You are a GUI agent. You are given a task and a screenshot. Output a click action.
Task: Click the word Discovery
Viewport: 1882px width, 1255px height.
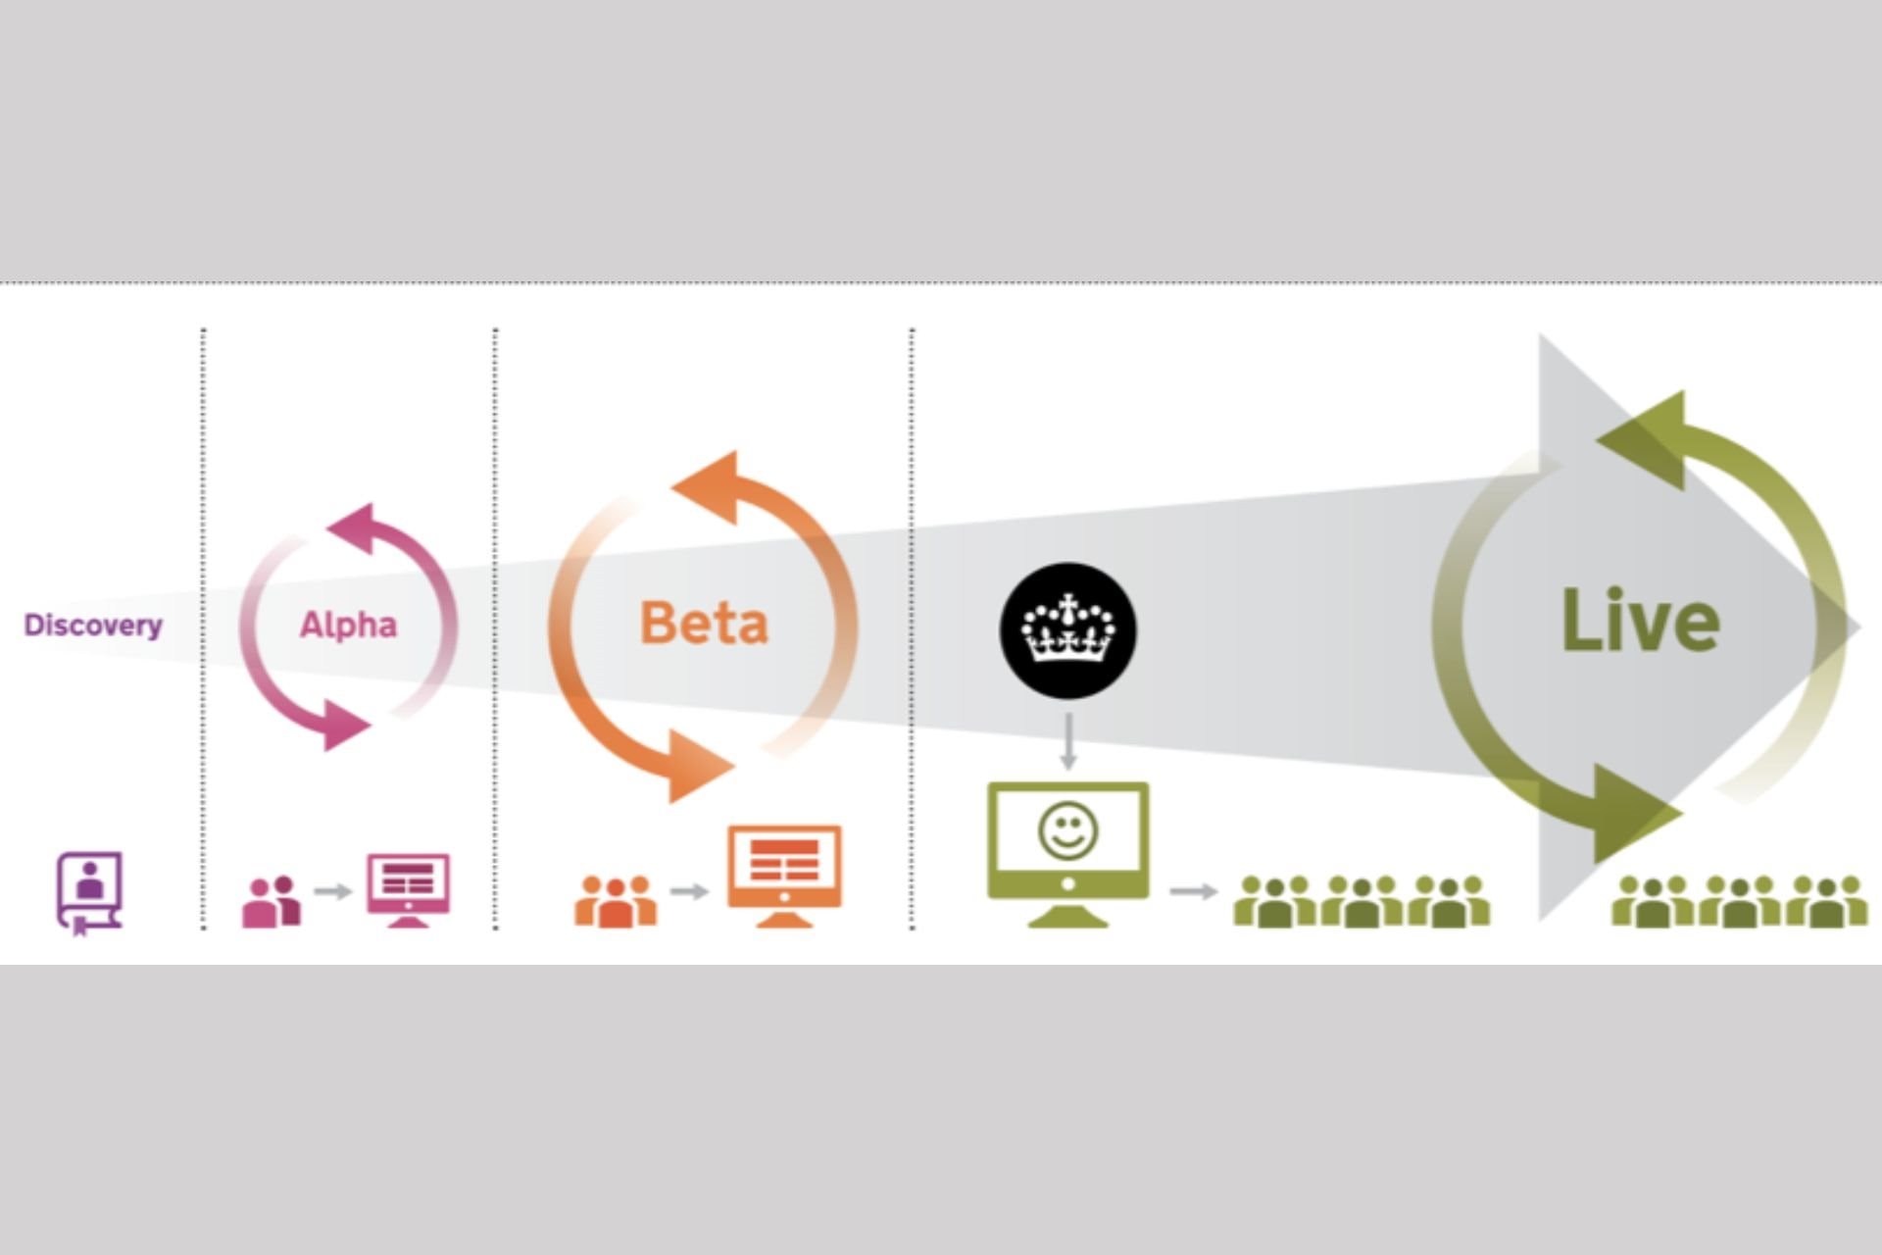(93, 626)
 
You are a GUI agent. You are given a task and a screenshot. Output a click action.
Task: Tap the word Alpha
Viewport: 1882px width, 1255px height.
(348, 625)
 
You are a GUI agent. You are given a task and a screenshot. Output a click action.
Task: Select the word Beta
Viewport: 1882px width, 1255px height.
(704, 624)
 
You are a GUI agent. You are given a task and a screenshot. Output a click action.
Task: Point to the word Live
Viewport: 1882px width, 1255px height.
(1640, 621)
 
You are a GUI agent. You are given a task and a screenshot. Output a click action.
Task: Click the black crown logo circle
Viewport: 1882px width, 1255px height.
(1067, 630)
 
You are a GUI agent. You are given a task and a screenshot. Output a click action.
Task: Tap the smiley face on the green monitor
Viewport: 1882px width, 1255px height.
(1067, 831)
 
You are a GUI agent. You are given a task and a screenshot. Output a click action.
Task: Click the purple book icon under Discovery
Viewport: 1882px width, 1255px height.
(89, 891)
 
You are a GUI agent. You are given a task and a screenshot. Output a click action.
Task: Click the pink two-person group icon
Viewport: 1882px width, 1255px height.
(272, 901)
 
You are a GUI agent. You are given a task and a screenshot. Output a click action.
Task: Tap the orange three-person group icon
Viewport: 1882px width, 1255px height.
(616, 901)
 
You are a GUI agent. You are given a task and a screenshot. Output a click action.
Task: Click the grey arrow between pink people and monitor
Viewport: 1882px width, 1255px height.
(333, 891)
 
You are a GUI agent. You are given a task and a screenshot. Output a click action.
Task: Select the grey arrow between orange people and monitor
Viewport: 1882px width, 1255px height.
(690, 891)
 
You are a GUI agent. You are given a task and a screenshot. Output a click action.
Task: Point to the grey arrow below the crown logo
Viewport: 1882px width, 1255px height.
(1068, 741)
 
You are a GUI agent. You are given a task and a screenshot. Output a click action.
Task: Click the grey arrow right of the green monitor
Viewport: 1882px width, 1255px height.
(1193, 891)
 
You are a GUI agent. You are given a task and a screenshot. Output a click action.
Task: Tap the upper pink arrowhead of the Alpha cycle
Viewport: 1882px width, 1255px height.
(353, 527)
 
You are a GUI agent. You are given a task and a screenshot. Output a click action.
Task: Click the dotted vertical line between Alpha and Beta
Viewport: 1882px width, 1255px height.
(495, 627)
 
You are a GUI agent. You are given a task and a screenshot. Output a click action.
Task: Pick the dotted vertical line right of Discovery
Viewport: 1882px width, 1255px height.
(203, 627)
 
